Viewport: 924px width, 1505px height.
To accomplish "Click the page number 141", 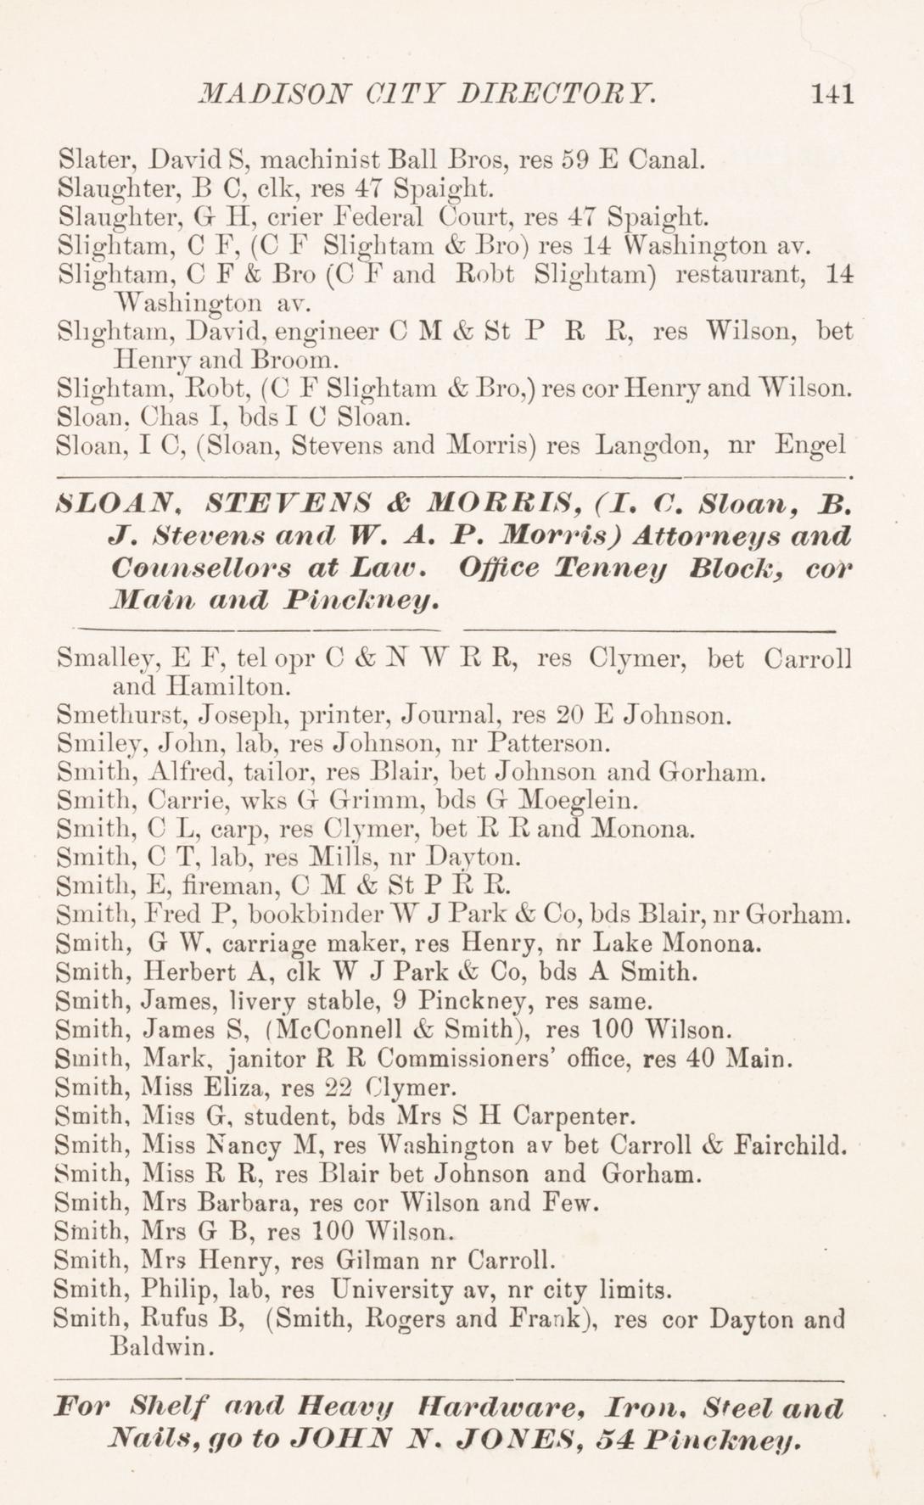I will point(831,93).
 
